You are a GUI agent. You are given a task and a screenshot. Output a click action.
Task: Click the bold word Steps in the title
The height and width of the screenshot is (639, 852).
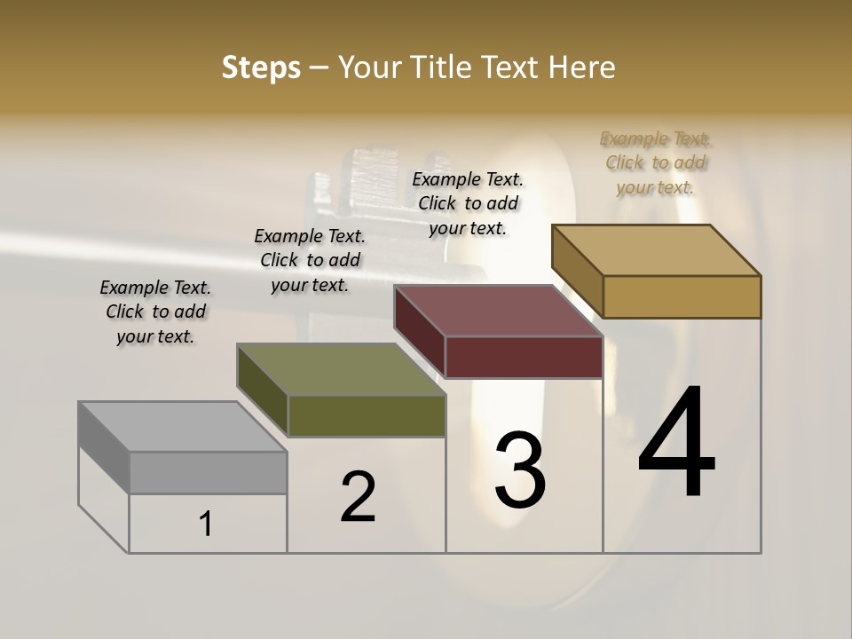click(261, 67)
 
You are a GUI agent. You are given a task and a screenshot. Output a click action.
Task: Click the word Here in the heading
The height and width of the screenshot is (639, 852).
click(581, 67)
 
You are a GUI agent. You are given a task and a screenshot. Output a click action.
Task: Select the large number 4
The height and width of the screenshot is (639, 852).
click(676, 444)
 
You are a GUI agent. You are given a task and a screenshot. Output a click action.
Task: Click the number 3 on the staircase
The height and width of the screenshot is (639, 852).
click(520, 470)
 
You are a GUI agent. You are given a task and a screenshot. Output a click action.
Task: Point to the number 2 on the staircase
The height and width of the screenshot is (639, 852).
click(359, 497)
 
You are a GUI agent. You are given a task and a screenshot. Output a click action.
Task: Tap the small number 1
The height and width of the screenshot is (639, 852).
click(206, 524)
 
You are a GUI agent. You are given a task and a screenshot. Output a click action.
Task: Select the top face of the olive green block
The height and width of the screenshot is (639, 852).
click(341, 369)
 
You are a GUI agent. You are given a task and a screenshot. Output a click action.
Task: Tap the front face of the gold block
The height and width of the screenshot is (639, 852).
click(682, 296)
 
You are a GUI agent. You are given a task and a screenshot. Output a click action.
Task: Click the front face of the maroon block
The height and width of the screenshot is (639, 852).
click(524, 357)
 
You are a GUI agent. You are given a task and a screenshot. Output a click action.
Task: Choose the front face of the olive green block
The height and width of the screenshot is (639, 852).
click(366, 415)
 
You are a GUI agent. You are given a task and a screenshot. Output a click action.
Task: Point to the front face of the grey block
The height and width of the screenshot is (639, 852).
click(208, 472)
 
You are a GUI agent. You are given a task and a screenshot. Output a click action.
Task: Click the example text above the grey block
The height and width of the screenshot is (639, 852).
click(155, 312)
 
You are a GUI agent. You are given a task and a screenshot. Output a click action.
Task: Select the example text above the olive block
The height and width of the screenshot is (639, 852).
click(310, 260)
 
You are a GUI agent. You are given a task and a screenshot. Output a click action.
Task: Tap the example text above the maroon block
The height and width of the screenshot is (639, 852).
click(468, 203)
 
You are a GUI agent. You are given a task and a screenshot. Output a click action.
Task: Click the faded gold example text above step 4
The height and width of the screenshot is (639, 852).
click(655, 162)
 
